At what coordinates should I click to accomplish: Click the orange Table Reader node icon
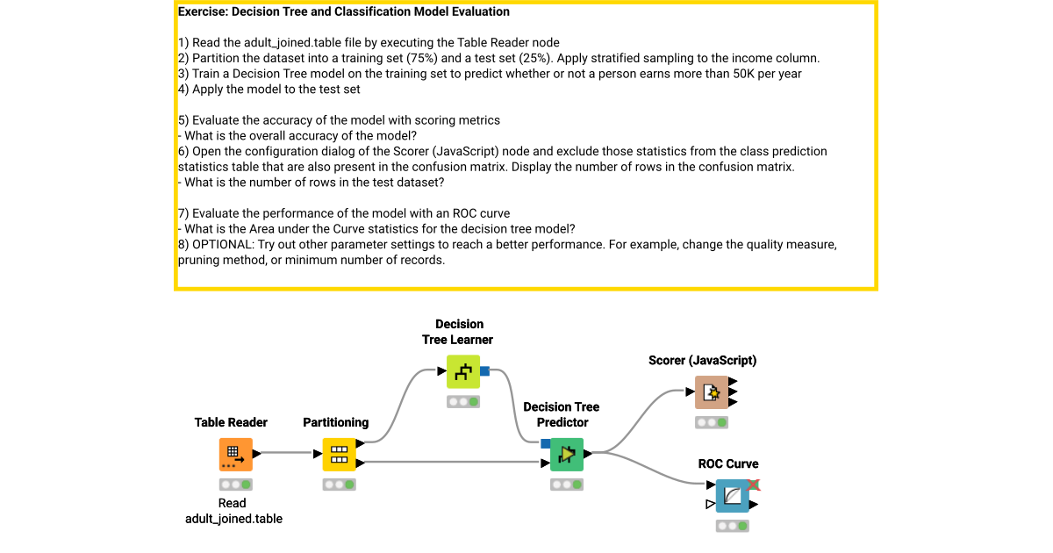pyautogui.click(x=235, y=455)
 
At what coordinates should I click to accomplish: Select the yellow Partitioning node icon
pyautogui.click(x=339, y=455)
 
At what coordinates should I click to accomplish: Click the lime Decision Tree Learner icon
pyautogui.click(x=463, y=371)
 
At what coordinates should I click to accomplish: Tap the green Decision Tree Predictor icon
pyautogui.click(x=567, y=455)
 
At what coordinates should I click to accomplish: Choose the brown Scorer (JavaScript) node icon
pyautogui.click(x=712, y=392)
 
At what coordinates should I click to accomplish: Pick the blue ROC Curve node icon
pyautogui.click(x=732, y=496)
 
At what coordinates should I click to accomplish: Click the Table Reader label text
pyautogui.click(x=231, y=422)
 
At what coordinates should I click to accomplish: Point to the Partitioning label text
pyautogui.click(x=336, y=422)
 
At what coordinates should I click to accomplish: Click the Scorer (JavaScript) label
pyautogui.click(x=702, y=360)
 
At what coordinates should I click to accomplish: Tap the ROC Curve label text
pyautogui.click(x=728, y=463)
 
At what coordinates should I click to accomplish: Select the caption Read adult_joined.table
pyautogui.click(x=233, y=511)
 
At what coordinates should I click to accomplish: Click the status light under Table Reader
pyautogui.click(x=235, y=485)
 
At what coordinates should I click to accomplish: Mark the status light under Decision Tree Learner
pyautogui.click(x=463, y=401)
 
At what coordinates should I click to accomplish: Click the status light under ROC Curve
pyautogui.click(x=732, y=526)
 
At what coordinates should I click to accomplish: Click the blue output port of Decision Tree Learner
pyautogui.click(x=484, y=371)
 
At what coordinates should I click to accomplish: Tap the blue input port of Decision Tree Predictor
pyautogui.click(x=546, y=443)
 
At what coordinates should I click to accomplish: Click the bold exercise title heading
pyautogui.click(x=343, y=12)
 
